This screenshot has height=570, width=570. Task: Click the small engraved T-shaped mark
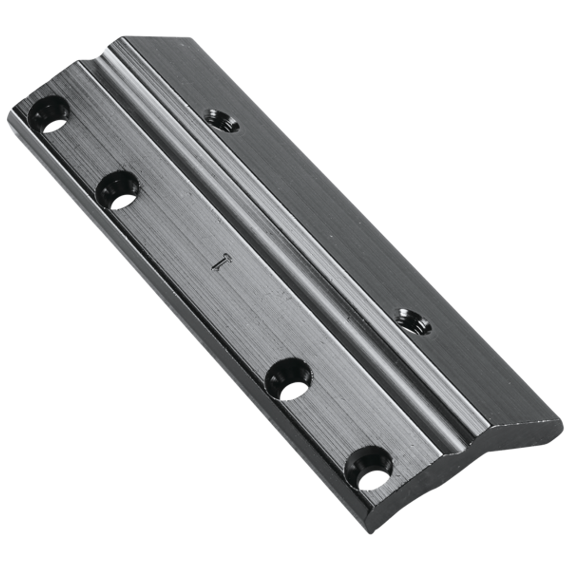coord(220,262)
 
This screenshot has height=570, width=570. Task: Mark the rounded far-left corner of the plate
coord(13,112)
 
